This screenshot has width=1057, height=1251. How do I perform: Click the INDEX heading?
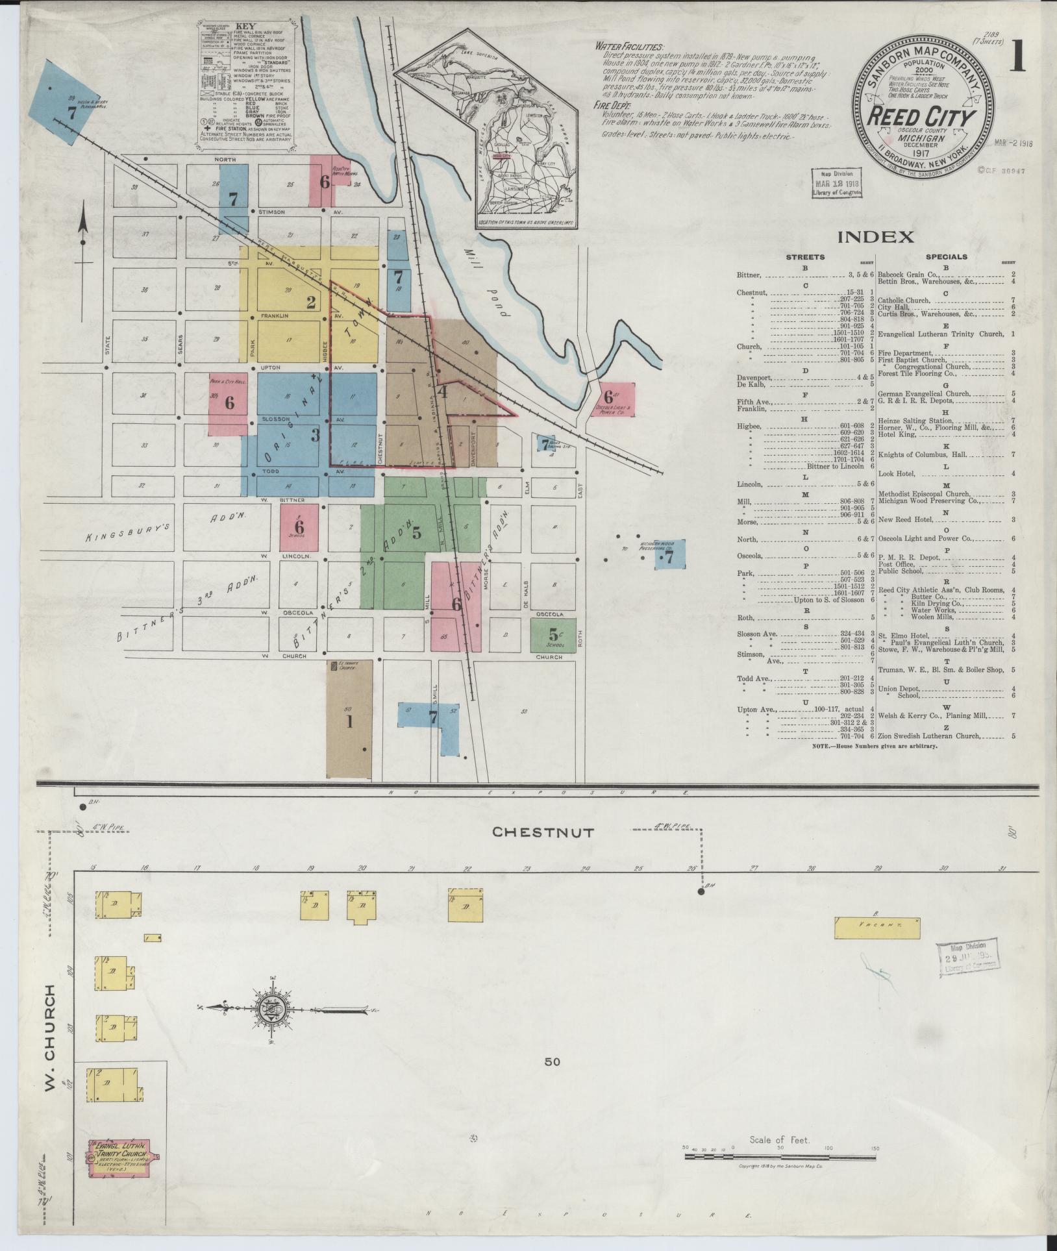pyautogui.click(x=875, y=237)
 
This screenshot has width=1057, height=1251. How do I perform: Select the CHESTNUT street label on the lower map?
pyautogui.click(x=542, y=832)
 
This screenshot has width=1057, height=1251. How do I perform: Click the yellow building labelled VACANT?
pyautogui.click(x=877, y=928)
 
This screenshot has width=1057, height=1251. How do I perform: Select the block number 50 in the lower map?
pyautogui.click(x=552, y=1061)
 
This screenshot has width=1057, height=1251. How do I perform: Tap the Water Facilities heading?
pyautogui.click(x=628, y=47)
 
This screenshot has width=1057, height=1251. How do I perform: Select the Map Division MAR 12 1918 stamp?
pyautogui.click(x=837, y=183)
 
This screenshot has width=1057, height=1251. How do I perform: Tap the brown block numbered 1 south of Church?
pyautogui.click(x=349, y=719)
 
